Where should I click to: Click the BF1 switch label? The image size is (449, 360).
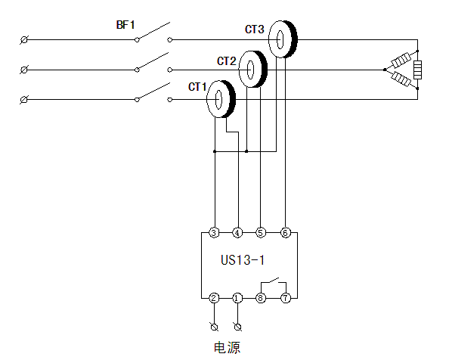coord(125,25)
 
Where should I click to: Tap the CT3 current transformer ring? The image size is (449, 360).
coord(290,39)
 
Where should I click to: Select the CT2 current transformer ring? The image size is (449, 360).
coord(259,70)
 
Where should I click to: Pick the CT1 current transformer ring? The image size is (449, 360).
coord(227,99)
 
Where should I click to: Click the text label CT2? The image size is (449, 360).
coord(227,61)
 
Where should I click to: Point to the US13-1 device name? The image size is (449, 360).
coord(243,260)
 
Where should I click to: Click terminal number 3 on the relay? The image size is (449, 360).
coord(214,233)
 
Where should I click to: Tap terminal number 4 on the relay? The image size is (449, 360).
coord(237,233)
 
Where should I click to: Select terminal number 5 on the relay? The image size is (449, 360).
coord(260,233)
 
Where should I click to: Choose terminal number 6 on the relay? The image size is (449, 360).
coord(285,233)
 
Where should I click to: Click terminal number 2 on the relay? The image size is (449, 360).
coord(214,298)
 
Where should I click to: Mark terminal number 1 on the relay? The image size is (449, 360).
coord(237,298)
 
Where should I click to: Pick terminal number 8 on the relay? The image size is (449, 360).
coord(260,298)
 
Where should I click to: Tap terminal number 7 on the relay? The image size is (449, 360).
coord(286,298)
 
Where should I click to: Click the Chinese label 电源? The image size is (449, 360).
coord(227,347)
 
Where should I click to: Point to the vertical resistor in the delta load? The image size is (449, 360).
coord(417,70)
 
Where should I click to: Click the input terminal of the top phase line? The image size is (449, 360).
coord(24,40)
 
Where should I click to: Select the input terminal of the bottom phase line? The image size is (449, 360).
coord(24,100)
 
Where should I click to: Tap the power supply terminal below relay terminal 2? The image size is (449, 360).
coord(214,327)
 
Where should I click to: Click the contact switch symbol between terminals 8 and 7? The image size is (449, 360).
coord(274,282)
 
